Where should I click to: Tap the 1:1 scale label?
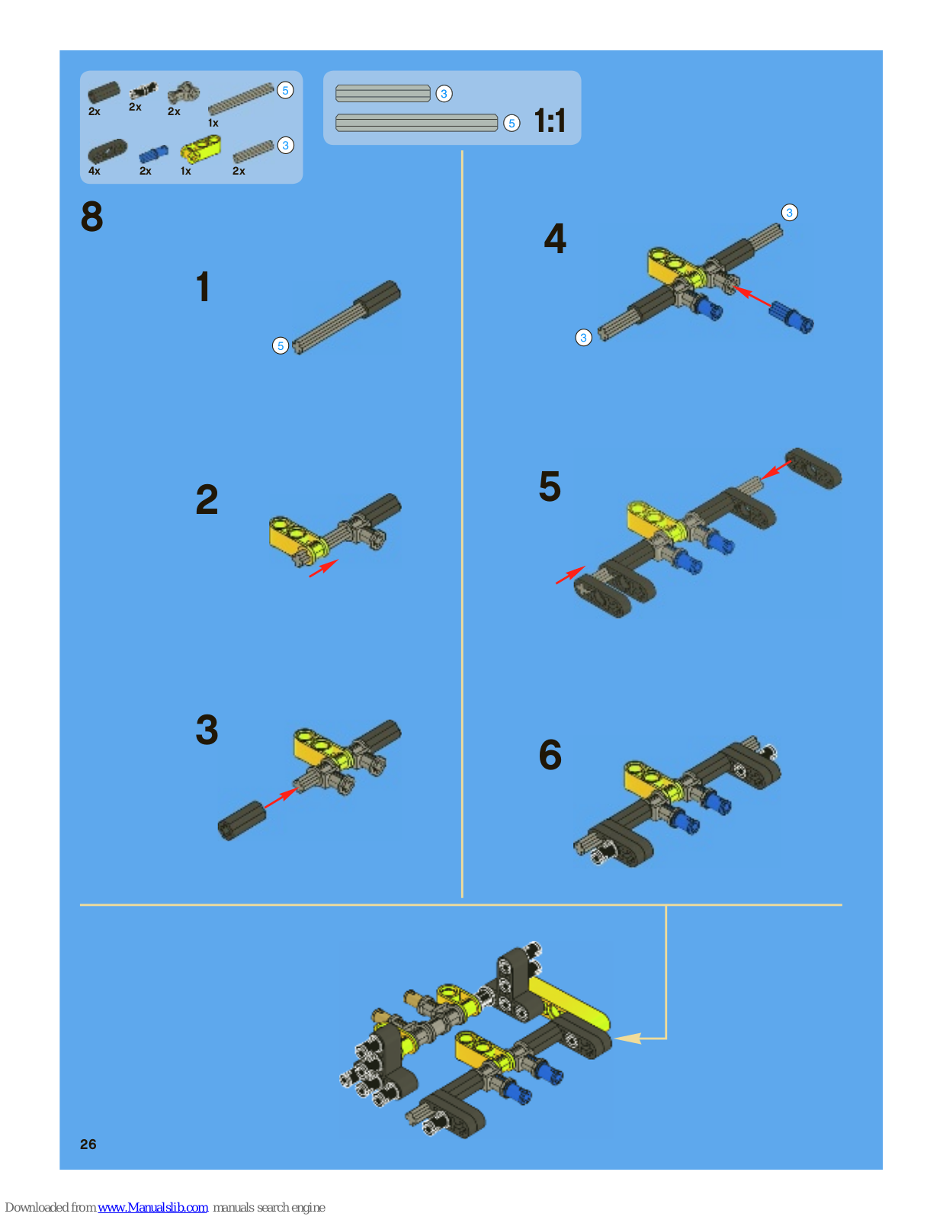550,120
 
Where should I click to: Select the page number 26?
88,1145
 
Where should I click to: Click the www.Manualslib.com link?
152,1207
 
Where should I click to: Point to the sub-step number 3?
207,730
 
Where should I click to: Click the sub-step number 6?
550,755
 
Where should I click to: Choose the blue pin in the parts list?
153,154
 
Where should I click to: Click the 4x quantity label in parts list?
95,171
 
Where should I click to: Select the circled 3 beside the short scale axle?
444,94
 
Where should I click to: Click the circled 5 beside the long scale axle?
512,123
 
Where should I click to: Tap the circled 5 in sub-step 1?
281,346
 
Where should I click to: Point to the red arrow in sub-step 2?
323,568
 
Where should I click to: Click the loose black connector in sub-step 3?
242,820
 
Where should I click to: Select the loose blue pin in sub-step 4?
791,317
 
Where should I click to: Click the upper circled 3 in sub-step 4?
789,212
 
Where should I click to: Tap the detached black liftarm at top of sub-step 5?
813,468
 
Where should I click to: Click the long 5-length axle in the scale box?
416,123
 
